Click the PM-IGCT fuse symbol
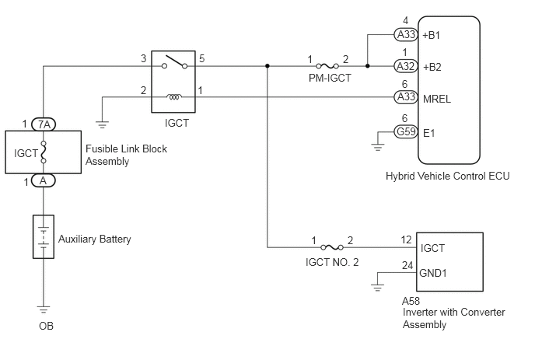coord(327,66)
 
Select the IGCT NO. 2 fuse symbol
coord(332,247)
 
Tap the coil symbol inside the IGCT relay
coord(173,97)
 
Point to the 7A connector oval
coord(44,124)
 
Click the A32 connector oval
coord(406,66)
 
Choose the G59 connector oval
coord(406,131)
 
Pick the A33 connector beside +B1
coord(406,34)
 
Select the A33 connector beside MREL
coord(406,97)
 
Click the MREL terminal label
coord(437,99)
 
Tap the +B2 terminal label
coord(432,67)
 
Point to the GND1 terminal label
coord(432,273)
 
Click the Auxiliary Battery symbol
coord(44,237)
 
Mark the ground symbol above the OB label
coord(44,309)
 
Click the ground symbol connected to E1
coord(377,147)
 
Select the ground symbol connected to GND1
coord(377,288)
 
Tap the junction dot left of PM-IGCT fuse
coord(267,66)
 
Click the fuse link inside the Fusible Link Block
coord(44,152)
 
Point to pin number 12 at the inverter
coord(407,240)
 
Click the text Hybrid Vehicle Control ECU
coord(448,176)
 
